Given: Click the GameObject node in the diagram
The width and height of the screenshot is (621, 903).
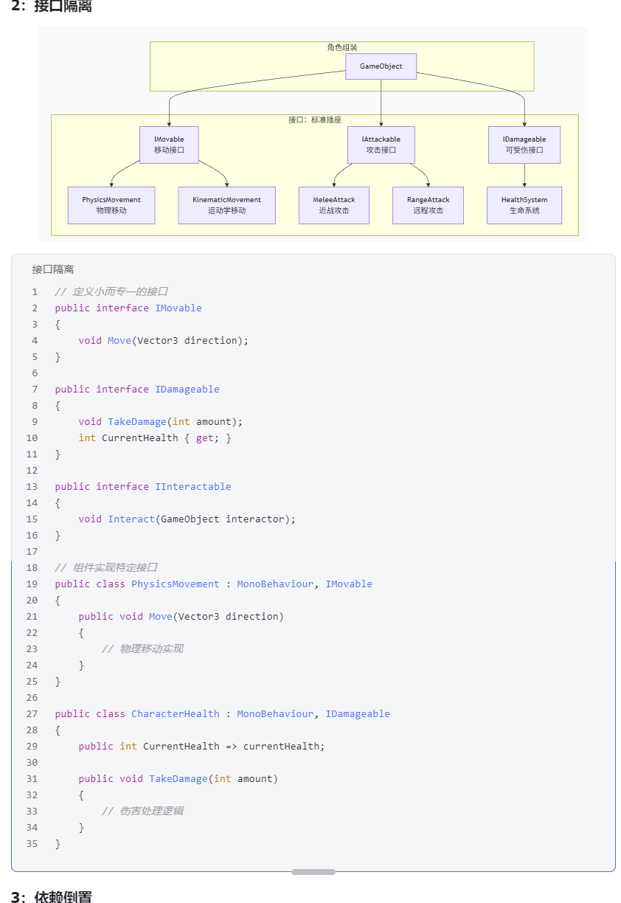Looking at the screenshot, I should coord(381,66).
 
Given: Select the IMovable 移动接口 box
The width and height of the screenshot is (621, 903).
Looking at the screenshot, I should coord(169,145).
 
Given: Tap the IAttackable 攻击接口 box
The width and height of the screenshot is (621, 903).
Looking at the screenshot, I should coord(381,145).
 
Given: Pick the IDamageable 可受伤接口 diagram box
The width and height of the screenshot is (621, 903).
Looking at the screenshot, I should coord(524,145).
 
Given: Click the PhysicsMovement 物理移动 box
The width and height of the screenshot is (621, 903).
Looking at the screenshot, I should coord(111,205).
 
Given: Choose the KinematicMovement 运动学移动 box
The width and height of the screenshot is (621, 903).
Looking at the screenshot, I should coord(226,205).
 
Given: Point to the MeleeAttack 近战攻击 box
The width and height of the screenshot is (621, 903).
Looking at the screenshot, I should coord(334,205).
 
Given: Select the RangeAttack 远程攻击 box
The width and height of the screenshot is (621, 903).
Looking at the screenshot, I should coord(428,205).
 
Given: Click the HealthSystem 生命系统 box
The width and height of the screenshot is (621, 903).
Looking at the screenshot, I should coord(524,205).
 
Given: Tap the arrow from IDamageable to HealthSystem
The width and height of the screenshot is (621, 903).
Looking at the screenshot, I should coord(524,175).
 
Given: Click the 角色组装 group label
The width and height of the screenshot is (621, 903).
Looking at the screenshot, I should coord(341,47).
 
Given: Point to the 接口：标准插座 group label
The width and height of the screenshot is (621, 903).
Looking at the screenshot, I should coord(314,120).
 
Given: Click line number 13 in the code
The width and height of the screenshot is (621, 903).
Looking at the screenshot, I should coord(32,487).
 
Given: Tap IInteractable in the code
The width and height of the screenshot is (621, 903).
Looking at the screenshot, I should coord(192,487).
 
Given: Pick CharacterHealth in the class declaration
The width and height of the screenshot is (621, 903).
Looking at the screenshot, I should coord(175,714).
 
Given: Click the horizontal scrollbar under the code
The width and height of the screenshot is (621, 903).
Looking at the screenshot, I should coord(313,872).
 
